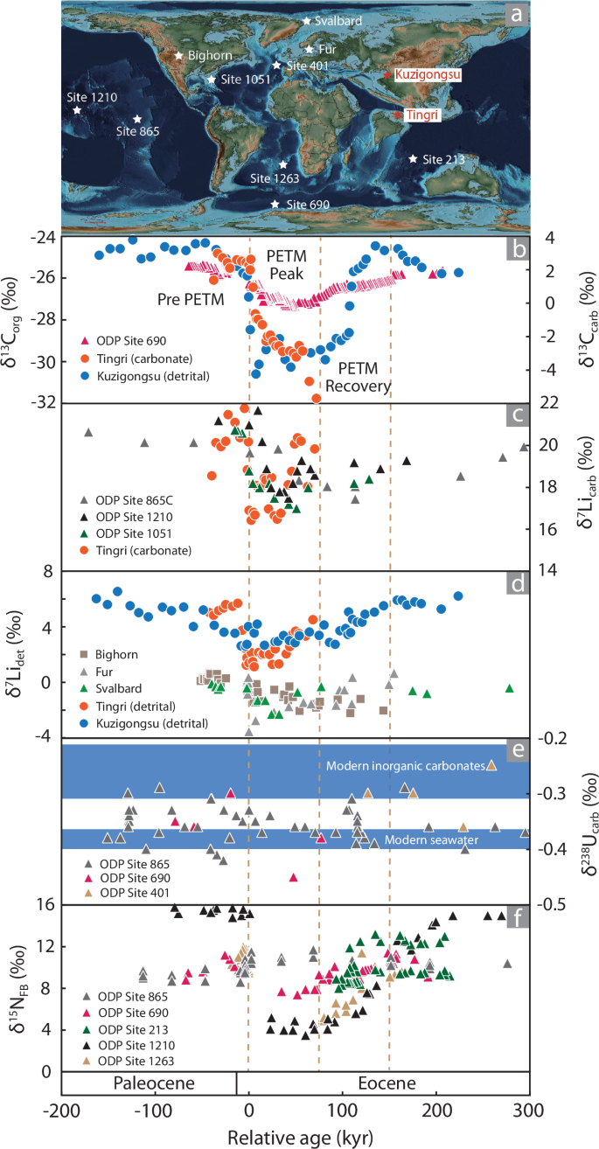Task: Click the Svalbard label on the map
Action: (338, 19)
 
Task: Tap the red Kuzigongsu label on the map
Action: (427, 75)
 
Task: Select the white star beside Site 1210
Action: (77, 110)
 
